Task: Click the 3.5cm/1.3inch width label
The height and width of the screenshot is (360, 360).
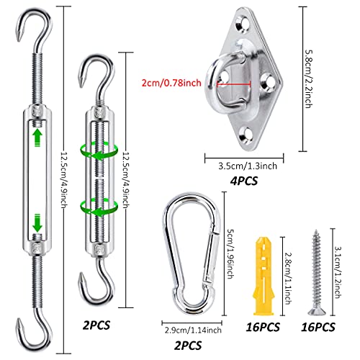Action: [247, 163]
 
